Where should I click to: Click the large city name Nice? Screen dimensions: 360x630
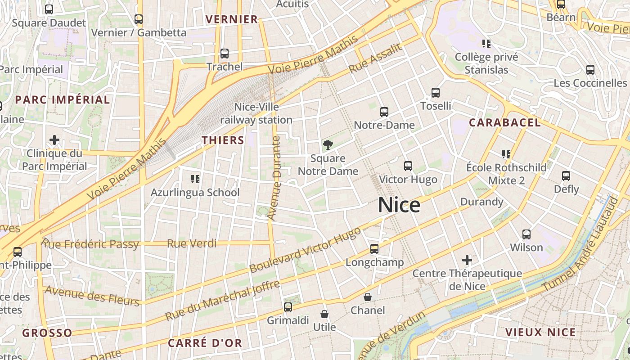click(x=399, y=205)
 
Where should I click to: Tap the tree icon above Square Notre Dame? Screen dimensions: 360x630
click(x=328, y=145)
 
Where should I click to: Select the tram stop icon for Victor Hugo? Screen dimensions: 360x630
click(x=408, y=166)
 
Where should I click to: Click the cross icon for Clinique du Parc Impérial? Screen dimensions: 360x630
click(x=54, y=140)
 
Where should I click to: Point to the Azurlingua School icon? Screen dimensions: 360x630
click(x=195, y=179)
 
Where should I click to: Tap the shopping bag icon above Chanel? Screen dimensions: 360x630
click(x=368, y=297)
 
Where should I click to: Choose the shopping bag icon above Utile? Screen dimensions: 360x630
click(x=324, y=314)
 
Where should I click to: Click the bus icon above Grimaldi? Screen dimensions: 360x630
click(x=288, y=307)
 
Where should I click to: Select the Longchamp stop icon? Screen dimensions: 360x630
click(x=374, y=249)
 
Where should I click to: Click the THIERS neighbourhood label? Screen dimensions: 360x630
click(x=223, y=140)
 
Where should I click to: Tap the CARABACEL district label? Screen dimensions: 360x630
click(x=504, y=123)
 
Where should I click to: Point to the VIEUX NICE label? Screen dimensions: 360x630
click(x=540, y=333)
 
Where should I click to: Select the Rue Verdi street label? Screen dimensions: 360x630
click(x=192, y=243)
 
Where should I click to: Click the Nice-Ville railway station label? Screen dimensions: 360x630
click(x=256, y=113)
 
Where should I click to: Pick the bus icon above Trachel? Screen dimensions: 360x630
click(x=225, y=54)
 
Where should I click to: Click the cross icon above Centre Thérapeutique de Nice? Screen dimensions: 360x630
click(x=467, y=260)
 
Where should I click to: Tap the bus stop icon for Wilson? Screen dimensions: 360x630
click(x=526, y=234)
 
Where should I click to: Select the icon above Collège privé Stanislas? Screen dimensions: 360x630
click(x=486, y=44)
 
